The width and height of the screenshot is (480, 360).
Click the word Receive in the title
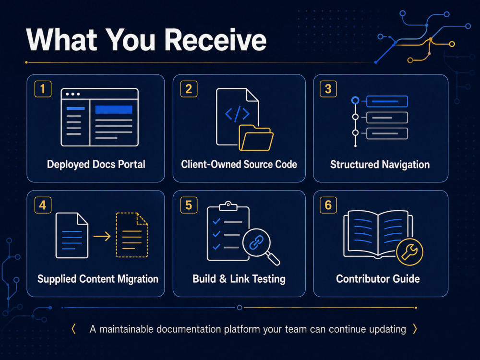[216, 40]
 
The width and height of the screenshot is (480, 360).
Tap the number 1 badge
[43, 89]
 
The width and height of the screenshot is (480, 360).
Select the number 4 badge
[43, 205]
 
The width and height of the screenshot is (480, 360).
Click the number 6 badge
[328, 205]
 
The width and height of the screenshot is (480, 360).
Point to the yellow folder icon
[256, 138]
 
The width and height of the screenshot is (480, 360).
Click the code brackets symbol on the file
[237, 114]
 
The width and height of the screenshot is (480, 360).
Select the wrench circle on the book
[409, 252]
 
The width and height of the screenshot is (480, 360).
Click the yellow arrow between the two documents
[102, 236]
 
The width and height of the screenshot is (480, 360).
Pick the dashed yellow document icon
[132, 235]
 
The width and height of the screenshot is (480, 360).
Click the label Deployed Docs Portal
[96, 164]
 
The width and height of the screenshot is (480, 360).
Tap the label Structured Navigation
[380, 164]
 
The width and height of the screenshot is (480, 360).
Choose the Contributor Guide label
[378, 278]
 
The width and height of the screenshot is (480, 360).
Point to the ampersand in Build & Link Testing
[223, 278]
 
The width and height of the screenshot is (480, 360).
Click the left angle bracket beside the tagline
[73, 329]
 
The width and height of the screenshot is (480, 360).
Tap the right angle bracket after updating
[415, 329]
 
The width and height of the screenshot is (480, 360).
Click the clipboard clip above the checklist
[228, 206]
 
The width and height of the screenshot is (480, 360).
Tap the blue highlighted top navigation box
[387, 101]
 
